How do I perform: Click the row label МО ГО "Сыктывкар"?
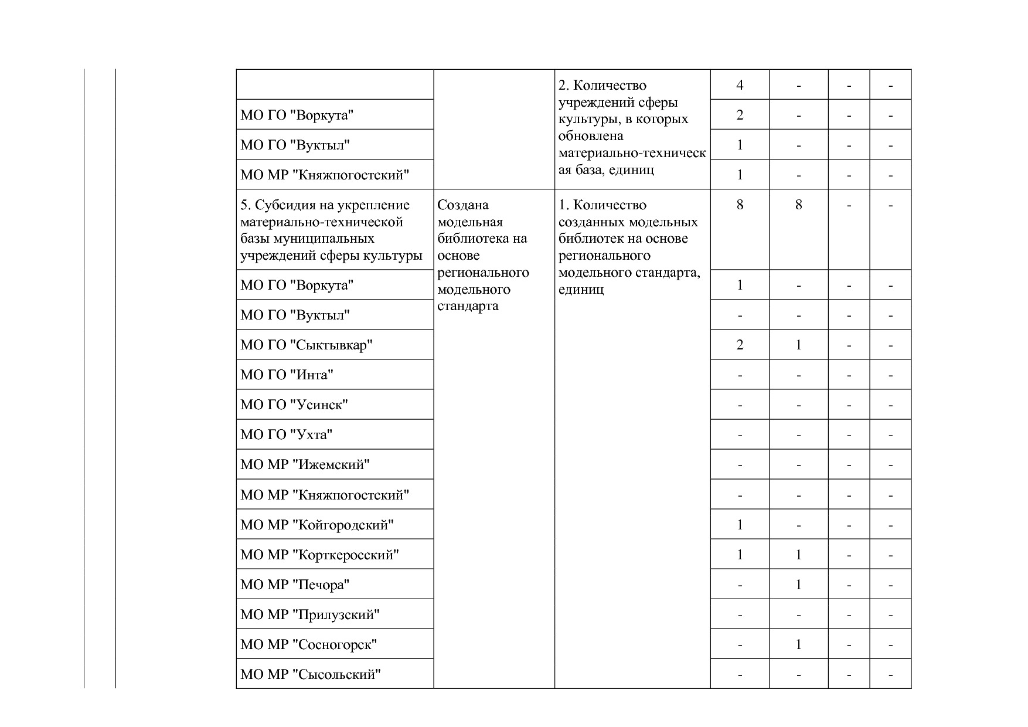pos(306,345)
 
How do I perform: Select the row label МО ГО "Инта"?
pos(287,375)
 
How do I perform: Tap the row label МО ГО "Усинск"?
pos(294,405)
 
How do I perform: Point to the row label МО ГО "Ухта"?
pos(286,434)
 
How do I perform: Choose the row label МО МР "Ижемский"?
pos(305,465)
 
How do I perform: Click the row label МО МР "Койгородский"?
pos(316,525)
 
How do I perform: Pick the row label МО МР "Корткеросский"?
pos(319,555)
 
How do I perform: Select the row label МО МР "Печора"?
pos(295,585)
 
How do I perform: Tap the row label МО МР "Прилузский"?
pos(309,614)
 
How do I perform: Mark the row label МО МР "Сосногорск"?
pos(308,644)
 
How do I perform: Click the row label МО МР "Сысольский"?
pos(310,674)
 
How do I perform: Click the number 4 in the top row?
pos(740,85)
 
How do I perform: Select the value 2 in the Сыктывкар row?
pos(740,345)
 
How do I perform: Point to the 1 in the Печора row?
pos(798,585)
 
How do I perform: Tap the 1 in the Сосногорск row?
pos(798,644)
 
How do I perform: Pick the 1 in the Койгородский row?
pos(740,525)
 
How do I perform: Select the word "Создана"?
pos(463,205)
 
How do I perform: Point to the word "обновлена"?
pos(583,136)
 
